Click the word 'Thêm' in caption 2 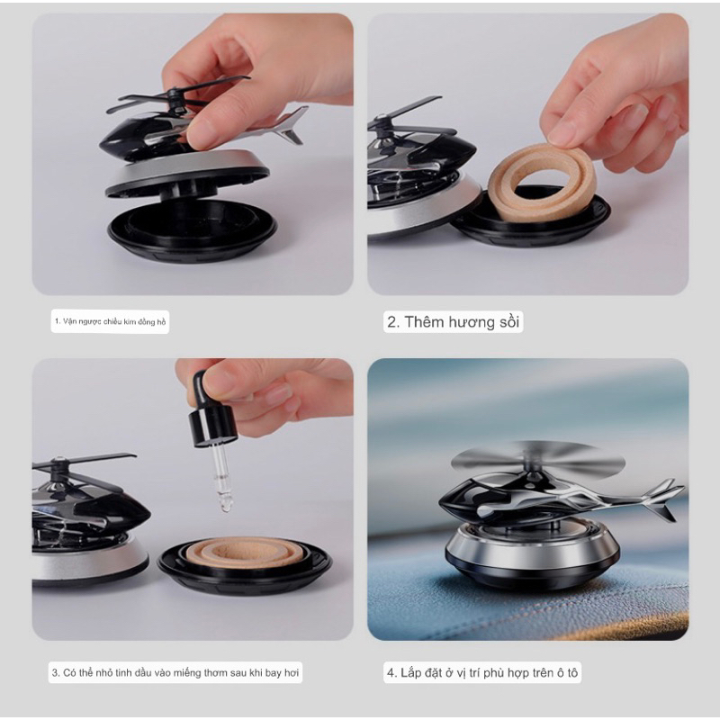click(x=427, y=322)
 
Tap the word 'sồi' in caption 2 click(x=509, y=322)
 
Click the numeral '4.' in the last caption click(x=391, y=672)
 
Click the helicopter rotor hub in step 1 click(x=173, y=94)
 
